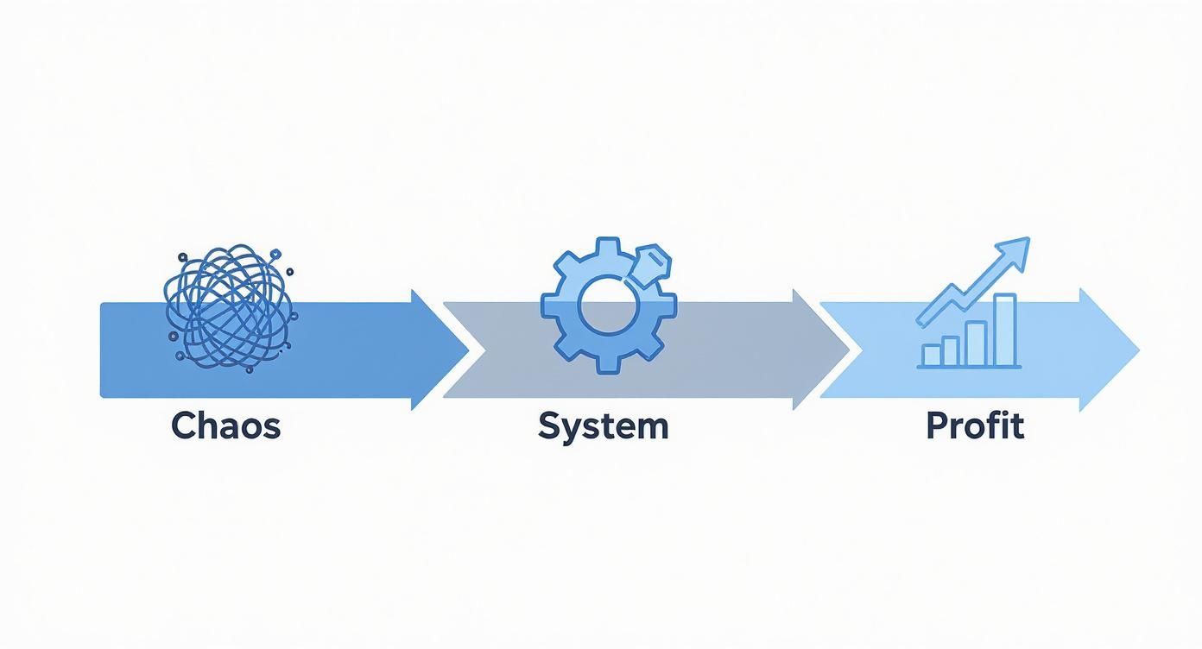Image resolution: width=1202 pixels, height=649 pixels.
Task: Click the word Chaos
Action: click(225, 426)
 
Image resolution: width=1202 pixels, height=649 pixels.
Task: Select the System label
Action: click(603, 426)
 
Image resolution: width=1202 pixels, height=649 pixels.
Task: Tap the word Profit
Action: click(975, 426)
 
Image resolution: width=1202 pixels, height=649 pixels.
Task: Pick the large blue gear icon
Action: click(603, 306)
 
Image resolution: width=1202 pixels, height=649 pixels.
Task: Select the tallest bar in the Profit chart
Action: click(1004, 330)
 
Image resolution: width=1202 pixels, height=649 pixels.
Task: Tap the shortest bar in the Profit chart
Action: click(932, 355)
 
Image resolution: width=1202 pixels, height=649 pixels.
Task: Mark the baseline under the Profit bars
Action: click(968, 368)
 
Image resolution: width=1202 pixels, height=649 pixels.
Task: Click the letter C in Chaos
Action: click(183, 426)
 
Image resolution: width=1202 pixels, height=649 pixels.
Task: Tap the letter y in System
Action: click(569, 429)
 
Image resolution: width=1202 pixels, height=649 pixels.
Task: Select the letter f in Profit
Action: click(994, 425)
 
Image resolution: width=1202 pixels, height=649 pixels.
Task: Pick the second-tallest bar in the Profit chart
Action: click(976, 343)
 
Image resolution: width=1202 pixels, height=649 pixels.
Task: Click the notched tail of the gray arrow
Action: click(458, 350)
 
